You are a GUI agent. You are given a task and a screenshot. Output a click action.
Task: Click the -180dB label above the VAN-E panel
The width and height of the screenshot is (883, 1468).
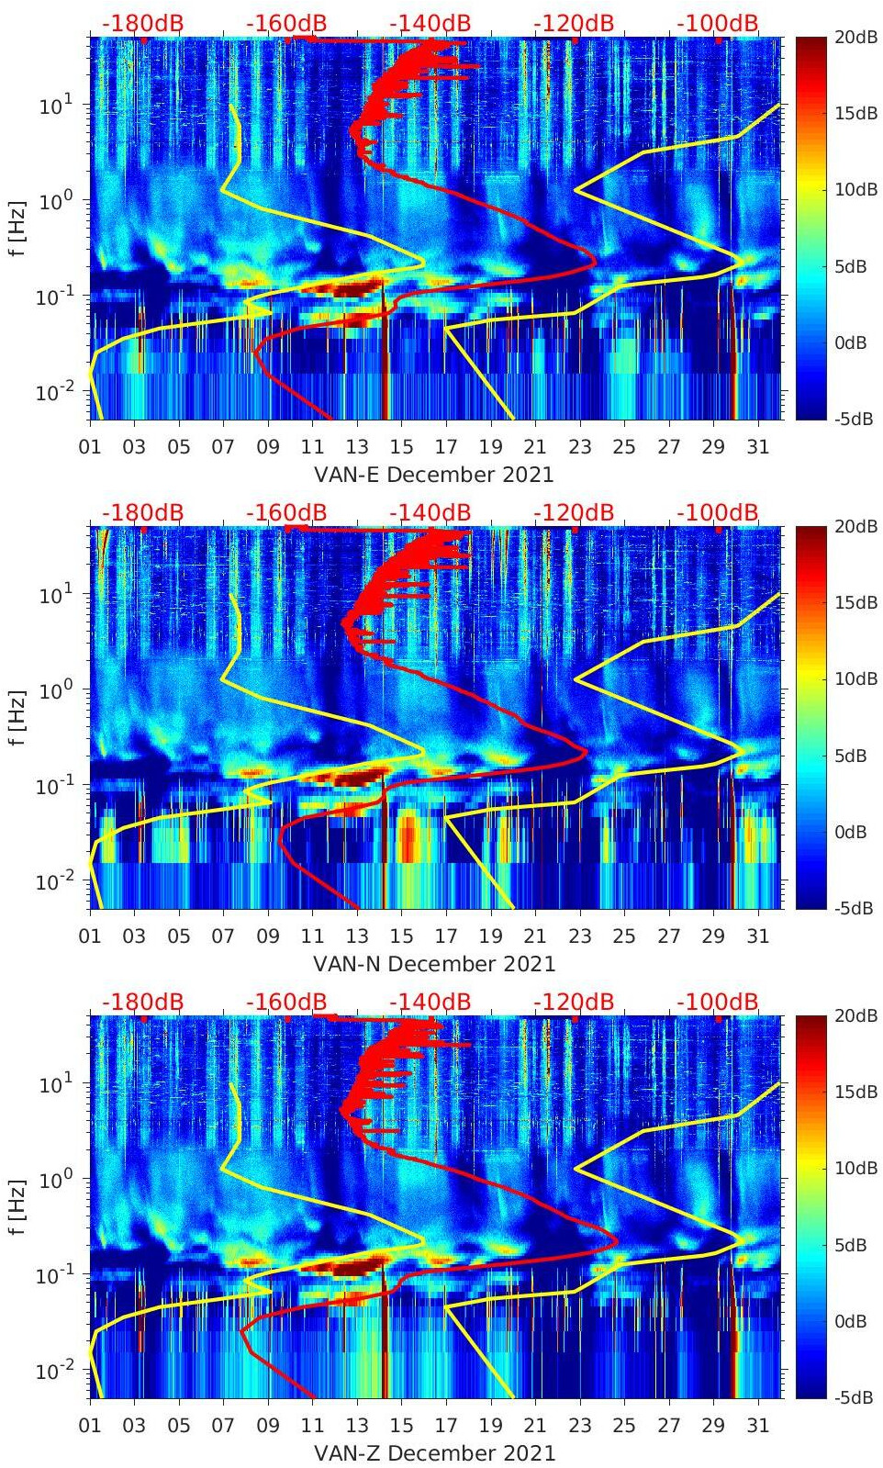point(142,23)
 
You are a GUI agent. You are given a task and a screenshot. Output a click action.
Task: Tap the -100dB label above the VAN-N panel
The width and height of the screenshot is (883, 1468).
point(718,512)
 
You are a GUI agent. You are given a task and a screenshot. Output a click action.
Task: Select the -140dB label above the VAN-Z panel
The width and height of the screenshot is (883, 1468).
point(430,1002)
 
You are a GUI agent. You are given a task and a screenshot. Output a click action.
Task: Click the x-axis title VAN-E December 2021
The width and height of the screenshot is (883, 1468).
point(434,475)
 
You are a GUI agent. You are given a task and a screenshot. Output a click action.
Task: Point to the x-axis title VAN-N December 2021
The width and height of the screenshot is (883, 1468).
point(434,964)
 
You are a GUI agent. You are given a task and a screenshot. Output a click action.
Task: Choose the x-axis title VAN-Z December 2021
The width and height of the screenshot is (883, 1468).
point(434,1453)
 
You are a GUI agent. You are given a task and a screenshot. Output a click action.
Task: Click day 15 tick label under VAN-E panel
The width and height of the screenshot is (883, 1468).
point(401,447)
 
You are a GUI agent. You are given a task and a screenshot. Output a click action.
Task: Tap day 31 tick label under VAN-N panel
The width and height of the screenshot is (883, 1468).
point(757,936)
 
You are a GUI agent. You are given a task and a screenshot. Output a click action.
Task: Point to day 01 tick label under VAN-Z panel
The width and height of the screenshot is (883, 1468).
point(90,1426)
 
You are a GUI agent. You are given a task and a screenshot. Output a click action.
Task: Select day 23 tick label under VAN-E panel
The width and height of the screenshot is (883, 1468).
point(579,447)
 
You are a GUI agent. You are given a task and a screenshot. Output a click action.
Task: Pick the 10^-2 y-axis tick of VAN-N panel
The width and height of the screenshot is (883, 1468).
point(53,881)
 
